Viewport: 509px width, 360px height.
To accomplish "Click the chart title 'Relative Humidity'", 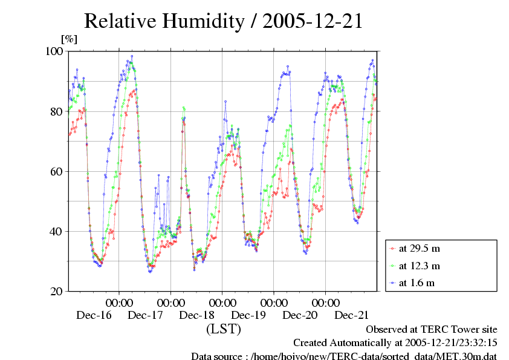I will coord(164,22).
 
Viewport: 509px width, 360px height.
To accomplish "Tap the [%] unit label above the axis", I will coord(69,39).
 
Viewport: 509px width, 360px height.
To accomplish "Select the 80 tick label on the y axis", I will coord(57,111).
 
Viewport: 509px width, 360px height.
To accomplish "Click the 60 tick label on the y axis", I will coord(57,171).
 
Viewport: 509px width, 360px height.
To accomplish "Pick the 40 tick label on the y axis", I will coord(57,231).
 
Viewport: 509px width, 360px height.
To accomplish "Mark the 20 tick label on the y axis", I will coord(57,291).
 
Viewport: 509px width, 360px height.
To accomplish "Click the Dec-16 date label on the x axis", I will coord(94,315).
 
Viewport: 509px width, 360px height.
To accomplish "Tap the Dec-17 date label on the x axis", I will coord(146,315).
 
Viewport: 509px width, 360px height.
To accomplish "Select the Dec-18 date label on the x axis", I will coord(197,315).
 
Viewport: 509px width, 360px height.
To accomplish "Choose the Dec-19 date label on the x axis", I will coord(249,315).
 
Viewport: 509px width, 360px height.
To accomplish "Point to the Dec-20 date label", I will coord(300,315).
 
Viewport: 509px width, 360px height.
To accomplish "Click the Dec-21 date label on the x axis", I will coord(352,315).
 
